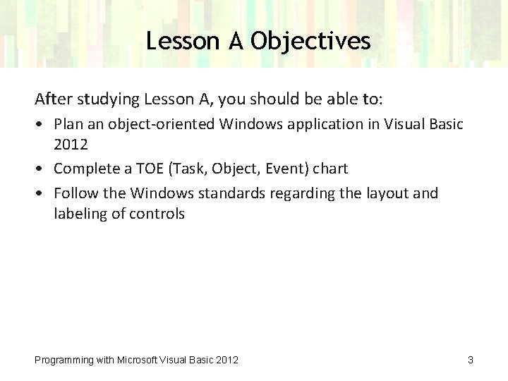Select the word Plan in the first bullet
[69, 125]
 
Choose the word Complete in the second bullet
[85, 169]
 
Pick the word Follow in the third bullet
[75, 193]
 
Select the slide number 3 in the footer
[470, 361]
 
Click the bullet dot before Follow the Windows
[42, 193]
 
